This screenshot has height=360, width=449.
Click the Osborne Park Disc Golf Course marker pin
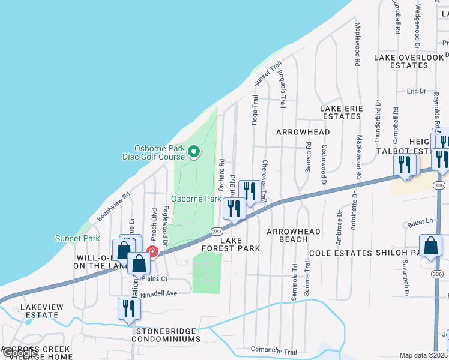(193, 152)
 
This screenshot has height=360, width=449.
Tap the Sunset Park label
(77, 238)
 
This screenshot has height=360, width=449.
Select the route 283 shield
(217, 232)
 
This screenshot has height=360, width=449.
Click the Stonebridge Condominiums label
(167, 335)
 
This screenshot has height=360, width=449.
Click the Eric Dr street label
(416, 91)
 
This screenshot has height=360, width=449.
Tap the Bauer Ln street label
(419, 221)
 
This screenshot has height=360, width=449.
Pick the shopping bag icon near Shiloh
(432, 246)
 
